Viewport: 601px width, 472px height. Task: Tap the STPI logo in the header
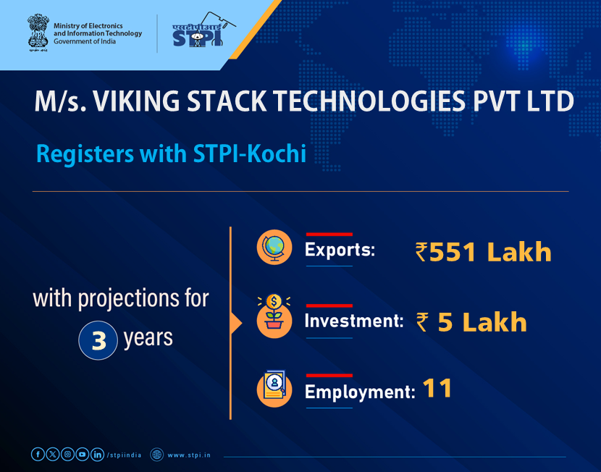click(198, 33)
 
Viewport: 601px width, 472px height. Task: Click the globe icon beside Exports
click(274, 248)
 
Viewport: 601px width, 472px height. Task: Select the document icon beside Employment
click(274, 389)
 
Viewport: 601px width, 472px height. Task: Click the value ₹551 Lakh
click(483, 252)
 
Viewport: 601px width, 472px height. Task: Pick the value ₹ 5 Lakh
click(471, 322)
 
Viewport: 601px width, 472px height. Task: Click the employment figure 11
click(437, 389)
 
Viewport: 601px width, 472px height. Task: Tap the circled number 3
click(98, 341)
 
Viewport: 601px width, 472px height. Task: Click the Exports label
click(340, 251)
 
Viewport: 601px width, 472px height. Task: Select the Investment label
click(353, 321)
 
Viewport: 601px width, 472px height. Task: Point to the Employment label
click(359, 392)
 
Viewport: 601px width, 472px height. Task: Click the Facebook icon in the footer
click(38, 454)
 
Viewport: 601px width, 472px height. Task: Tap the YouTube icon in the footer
click(83, 454)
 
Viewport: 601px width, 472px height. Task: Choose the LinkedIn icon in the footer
click(97, 454)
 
